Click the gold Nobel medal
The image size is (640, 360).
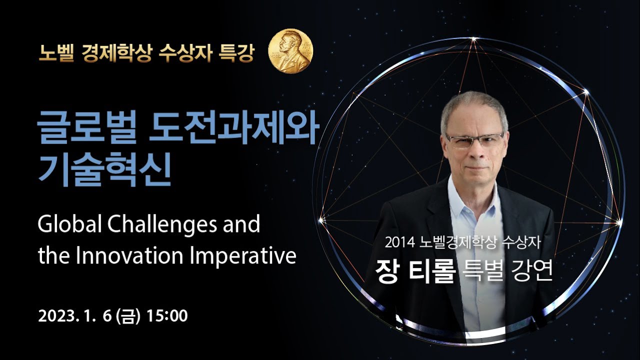click(290, 51)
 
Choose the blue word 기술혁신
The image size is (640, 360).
click(104, 169)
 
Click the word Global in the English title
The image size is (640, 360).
click(69, 224)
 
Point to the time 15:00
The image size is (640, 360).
click(167, 315)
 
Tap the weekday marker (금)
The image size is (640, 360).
click(128, 316)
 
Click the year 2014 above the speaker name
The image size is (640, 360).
click(399, 243)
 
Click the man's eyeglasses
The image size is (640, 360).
click(474, 140)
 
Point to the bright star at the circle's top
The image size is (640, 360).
click(473, 39)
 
